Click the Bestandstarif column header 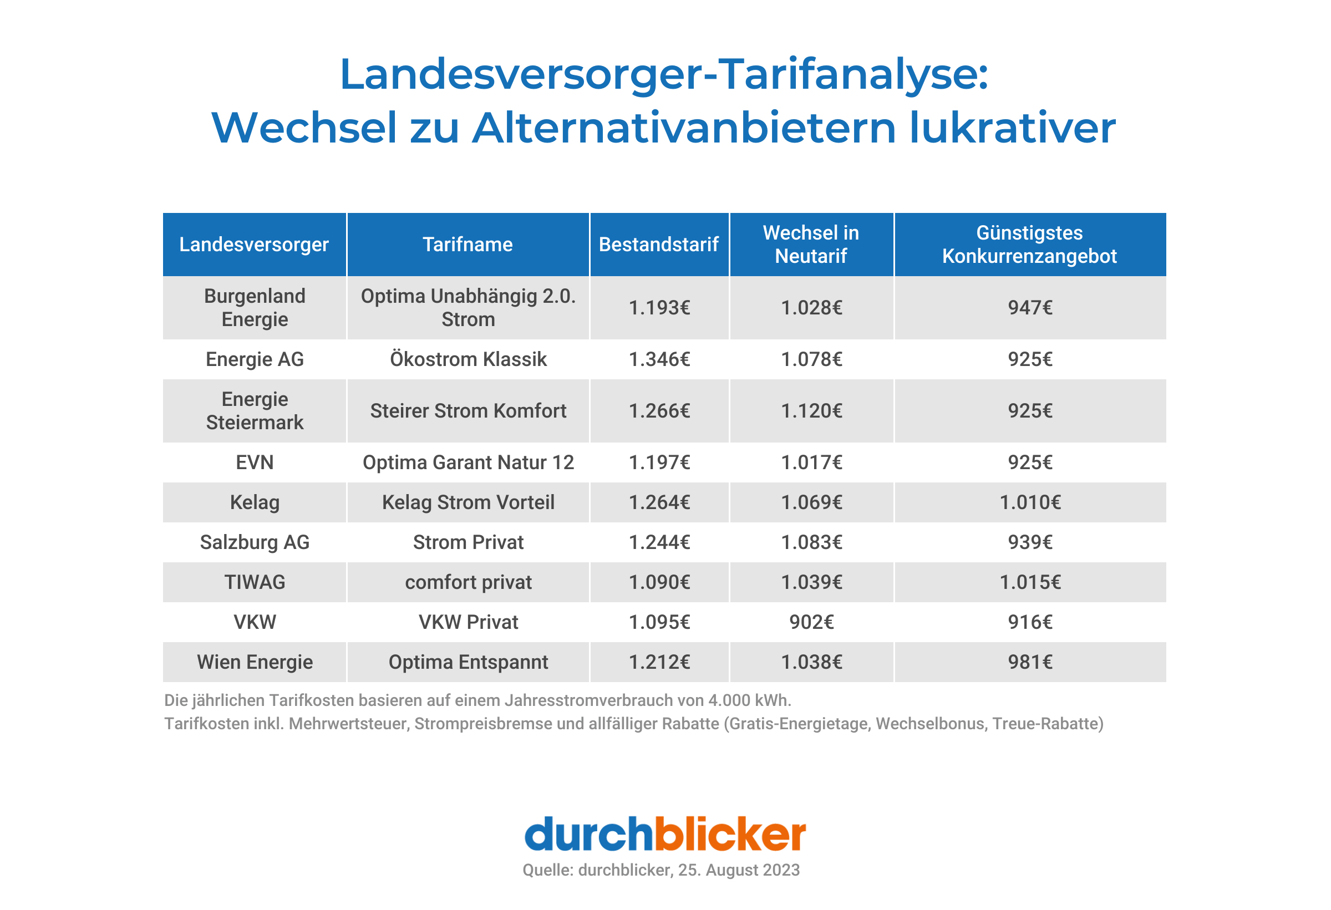coord(659,245)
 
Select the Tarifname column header coord(468,245)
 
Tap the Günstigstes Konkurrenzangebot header coord(1029,245)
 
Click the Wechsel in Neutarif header coord(811,245)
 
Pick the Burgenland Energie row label coord(255,308)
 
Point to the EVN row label coord(255,462)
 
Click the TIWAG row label coord(255,582)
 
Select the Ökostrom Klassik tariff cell coord(468,359)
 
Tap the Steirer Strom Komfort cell coord(468,410)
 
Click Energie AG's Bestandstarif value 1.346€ coord(659,359)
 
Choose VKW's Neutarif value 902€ coord(811,622)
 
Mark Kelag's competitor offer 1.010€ coord(1030,502)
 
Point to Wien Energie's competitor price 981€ coord(1030,662)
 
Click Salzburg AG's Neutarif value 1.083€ coord(811,542)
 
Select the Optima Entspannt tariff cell coord(468,662)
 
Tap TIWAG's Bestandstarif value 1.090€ coord(659,582)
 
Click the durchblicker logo coord(665,834)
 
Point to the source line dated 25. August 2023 coord(661,870)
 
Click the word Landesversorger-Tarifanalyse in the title coord(664,74)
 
